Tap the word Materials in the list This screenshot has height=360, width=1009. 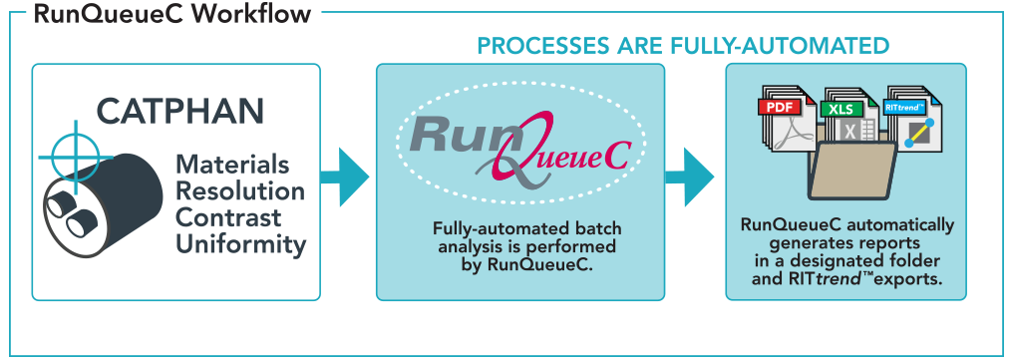coord(232,165)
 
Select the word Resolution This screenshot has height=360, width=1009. coord(240,190)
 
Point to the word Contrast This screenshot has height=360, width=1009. coord(228,216)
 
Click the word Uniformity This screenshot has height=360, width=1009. coord(240,243)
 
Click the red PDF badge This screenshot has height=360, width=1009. coord(779,105)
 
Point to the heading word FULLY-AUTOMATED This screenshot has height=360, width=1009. coord(797,46)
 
